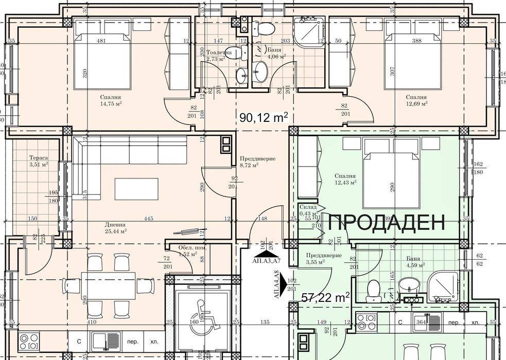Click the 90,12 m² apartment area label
pyautogui.click(x=264, y=118)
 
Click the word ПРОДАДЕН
pyautogui.click(x=386, y=222)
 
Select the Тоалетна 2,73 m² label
pyautogui.click(x=218, y=56)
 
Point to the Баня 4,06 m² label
pyautogui.click(x=275, y=53)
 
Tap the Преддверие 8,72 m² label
pyautogui.click(x=257, y=162)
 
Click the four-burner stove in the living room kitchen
pyautogui.click(x=29, y=340)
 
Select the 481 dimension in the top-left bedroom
pyautogui.click(x=101, y=41)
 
